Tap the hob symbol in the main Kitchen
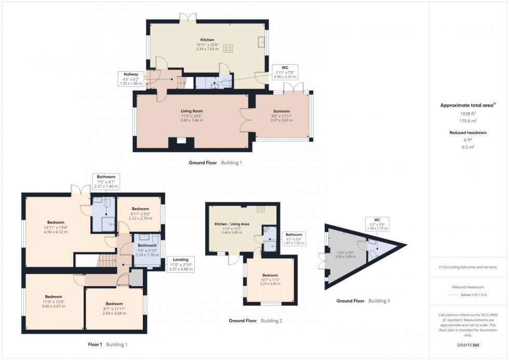pos(228,48)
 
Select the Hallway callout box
pos(130,78)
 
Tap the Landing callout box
pos(181,264)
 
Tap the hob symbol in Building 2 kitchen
pos(261,209)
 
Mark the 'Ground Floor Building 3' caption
pos(361,301)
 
